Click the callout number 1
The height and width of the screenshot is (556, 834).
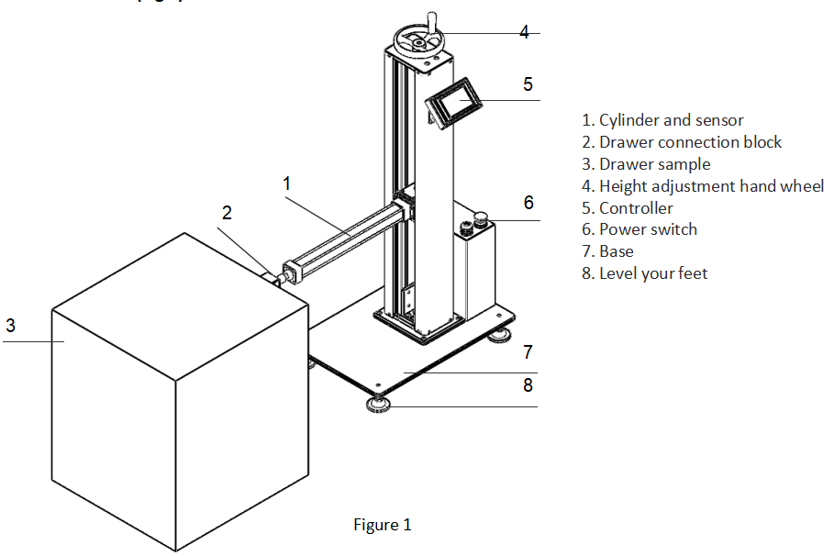(286, 183)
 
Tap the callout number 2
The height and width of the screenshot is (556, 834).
(228, 213)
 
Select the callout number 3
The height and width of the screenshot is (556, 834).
(10, 325)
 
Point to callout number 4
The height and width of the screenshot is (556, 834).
(524, 32)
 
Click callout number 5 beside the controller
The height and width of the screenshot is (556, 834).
(528, 84)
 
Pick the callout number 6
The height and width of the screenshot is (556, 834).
(528, 203)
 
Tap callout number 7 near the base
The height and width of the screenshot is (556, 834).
(528, 351)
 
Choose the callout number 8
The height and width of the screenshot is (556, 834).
(528, 385)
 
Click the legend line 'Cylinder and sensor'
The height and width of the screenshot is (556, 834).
(662, 120)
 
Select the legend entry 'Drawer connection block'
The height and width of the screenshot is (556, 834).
(682, 142)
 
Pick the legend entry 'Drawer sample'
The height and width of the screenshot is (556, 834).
(646, 164)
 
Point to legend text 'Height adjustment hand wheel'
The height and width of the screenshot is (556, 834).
(703, 186)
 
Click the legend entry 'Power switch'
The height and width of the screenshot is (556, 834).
(639, 229)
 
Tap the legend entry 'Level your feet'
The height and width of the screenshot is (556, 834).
(644, 273)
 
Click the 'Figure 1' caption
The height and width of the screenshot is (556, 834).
(383, 525)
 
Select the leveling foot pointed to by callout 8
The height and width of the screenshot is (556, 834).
(375, 404)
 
